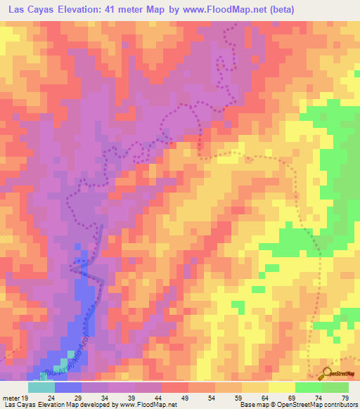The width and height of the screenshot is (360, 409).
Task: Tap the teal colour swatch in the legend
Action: (x=41, y=387)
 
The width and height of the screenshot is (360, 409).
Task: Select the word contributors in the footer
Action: (x=339, y=405)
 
